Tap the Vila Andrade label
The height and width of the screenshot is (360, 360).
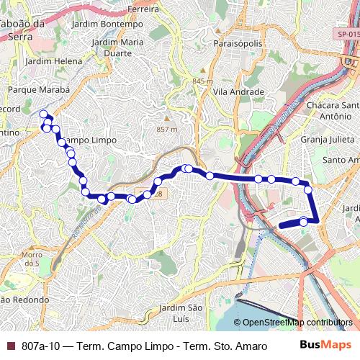(x=240, y=92)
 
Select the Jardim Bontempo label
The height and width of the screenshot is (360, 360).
(x=113, y=24)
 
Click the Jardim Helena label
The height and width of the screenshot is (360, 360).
(x=53, y=61)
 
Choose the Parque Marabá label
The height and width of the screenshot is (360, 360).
(x=38, y=90)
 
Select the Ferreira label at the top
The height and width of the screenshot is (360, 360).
(x=141, y=9)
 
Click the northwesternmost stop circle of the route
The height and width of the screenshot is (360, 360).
(x=44, y=114)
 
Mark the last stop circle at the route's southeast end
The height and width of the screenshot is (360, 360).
(x=304, y=222)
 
